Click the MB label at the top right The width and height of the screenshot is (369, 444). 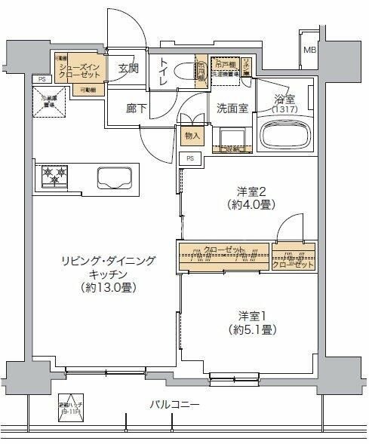(x=310, y=51)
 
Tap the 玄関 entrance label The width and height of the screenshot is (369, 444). (x=130, y=68)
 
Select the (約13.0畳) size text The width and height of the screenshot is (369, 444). (x=111, y=288)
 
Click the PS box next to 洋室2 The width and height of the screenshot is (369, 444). (x=191, y=158)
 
